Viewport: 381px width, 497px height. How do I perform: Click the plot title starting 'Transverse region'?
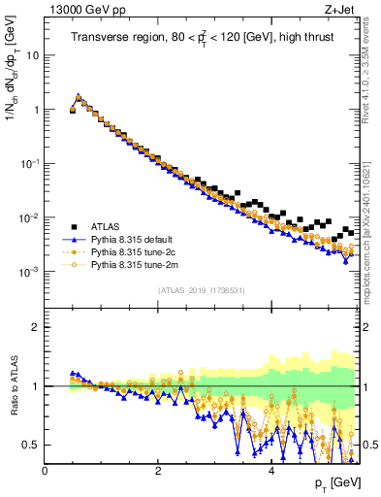203,38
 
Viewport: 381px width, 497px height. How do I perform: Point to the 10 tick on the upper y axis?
31,55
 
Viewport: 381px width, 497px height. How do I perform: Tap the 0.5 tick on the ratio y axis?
31,445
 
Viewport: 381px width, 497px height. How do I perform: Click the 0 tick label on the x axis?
45,470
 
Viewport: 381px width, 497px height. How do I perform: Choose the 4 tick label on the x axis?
270,470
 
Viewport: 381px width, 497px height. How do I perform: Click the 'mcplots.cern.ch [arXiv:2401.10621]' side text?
373,232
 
